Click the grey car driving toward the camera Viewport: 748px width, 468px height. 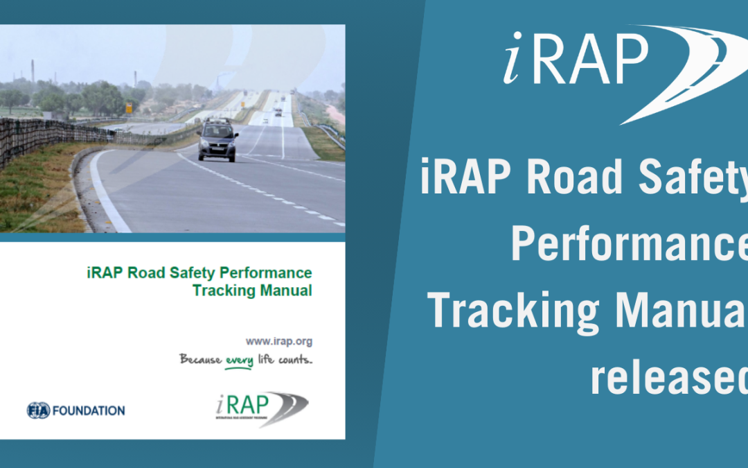pyautogui.click(x=217, y=139)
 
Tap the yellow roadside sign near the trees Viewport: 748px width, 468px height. pyautogui.click(x=129, y=108)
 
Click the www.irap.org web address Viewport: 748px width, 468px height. pyautogui.click(x=278, y=341)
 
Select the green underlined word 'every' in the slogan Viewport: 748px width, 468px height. pyautogui.click(x=239, y=361)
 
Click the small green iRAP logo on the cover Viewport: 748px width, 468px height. pyautogui.click(x=260, y=408)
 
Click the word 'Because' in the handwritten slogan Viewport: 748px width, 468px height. pyautogui.click(x=201, y=359)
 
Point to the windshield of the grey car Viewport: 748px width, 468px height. pyautogui.click(x=217, y=131)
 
